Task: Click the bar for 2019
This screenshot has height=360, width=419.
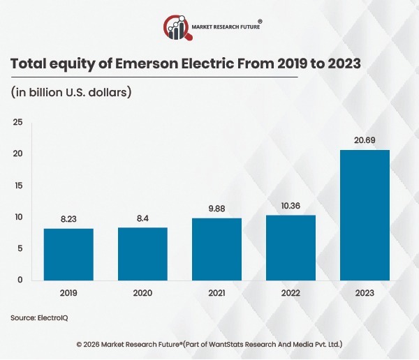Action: click(x=68, y=254)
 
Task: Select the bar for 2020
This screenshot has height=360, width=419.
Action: click(x=142, y=253)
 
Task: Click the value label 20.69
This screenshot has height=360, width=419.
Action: click(x=365, y=140)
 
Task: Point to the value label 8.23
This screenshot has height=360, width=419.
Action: click(x=68, y=219)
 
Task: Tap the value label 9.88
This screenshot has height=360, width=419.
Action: click(x=216, y=209)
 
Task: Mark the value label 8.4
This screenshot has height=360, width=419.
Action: click(x=142, y=218)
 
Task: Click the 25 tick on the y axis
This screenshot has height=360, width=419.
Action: click(x=18, y=123)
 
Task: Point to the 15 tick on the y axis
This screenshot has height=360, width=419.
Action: click(x=18, y=186)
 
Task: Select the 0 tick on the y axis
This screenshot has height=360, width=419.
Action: click(x=20, y=280)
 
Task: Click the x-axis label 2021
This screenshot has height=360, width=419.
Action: click(x=216, y=294)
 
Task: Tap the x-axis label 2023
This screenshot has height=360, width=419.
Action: click(x=365, y=294)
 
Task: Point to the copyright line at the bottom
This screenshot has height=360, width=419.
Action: click(x=209, y=345)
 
